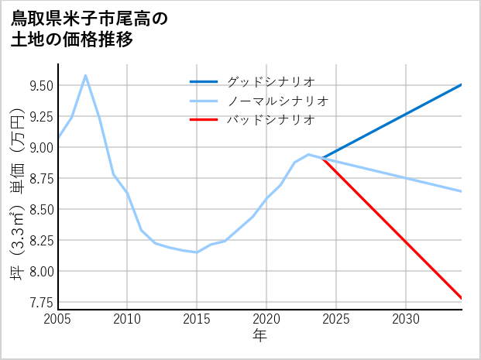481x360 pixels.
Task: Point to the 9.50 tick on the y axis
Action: click(40, 85)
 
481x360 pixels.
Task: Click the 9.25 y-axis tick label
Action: click(40, 116)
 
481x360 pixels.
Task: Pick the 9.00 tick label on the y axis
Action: click(40, 147)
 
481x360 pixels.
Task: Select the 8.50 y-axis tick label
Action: click(40, 209)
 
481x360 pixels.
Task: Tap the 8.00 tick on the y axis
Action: click(40, 271)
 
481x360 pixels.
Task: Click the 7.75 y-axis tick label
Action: click(40, 302)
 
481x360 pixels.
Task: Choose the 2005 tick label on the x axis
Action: click(57, 319)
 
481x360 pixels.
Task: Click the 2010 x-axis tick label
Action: click(127, 319)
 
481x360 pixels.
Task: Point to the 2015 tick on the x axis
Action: click(197, 319)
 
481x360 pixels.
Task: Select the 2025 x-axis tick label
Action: click(336, 319)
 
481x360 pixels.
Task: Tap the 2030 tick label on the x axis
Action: click(406, 319)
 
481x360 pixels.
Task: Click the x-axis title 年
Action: click(259, 336)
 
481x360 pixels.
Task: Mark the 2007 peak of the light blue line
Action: click(85, 75)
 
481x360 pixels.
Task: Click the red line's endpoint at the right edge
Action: click(462, 298)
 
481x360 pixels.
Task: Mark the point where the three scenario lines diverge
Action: click(322, 158)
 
